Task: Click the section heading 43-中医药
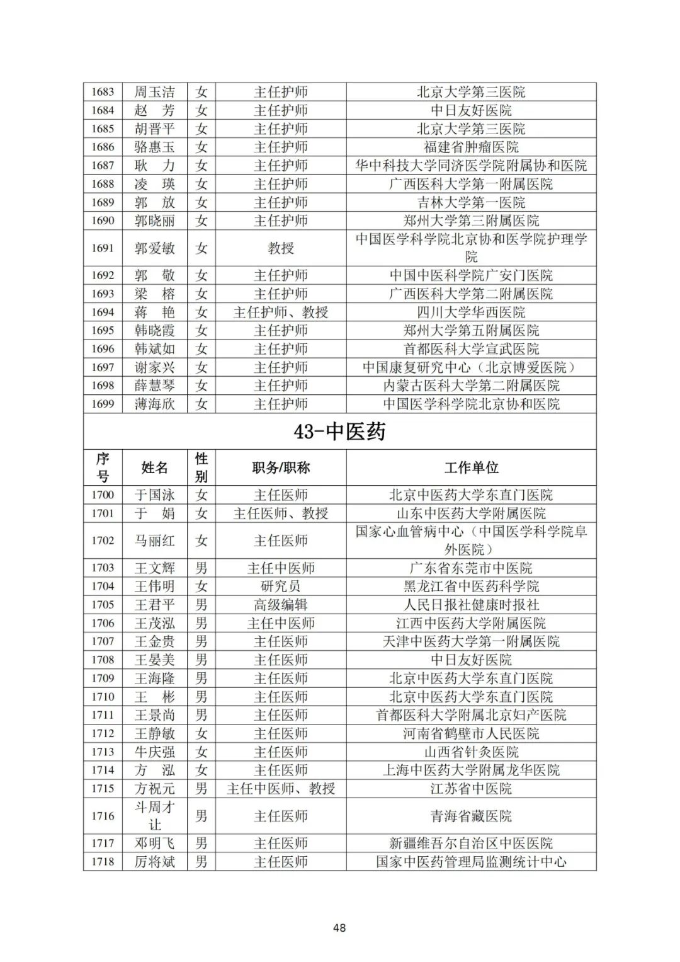(339, 432)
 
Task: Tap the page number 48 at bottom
(339, 927)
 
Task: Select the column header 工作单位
(471, 467)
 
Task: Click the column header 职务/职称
(281, 467)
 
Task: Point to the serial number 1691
(103, 248)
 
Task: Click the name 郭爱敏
(154, 248)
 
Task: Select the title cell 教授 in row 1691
(281, 248)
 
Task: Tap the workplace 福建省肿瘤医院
(471, 147)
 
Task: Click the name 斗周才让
(154, 816)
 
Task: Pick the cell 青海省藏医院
(471, 816)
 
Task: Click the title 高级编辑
(281, 605)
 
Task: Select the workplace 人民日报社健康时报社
(471, 605)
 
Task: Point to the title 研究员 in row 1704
(281, 587)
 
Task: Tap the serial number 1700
(103, 495)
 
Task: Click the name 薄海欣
(154, 404)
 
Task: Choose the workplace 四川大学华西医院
(471, 312)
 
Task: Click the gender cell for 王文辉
(201, 568)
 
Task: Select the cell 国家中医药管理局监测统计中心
(471, 861)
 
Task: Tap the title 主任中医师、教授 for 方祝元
(281, 788)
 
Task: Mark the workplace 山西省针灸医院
(471, 752)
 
